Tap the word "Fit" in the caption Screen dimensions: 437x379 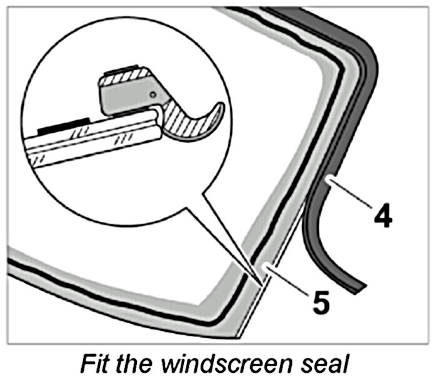pyautogui.click(x=99, y=362)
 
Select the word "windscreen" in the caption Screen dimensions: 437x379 pyautogui.click(x=216, y=362)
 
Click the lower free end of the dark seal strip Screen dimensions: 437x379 pyautogui.click(x=356, y=287)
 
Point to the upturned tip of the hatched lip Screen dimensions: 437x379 pyautogui.click(x=220, y=109)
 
